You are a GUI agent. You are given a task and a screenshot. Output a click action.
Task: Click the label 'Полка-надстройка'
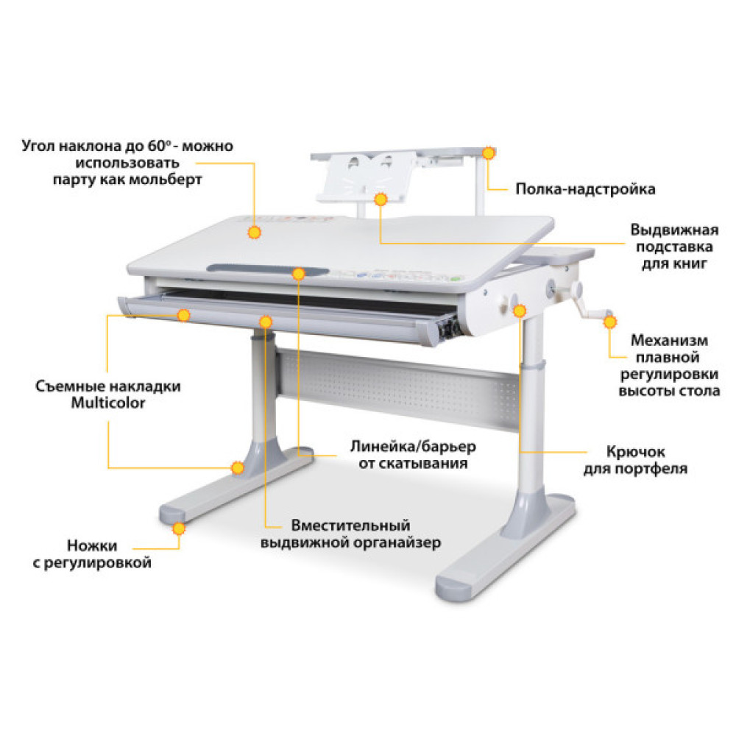(585, 189)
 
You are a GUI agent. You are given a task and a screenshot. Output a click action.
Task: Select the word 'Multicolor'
(107, 403)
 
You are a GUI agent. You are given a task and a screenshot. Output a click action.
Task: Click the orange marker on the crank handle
(610, 322)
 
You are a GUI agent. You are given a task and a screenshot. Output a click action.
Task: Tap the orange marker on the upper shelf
(488, 152)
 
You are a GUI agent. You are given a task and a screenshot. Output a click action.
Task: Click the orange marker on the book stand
(380, 198)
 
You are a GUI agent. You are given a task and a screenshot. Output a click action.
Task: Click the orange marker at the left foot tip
(179, 528)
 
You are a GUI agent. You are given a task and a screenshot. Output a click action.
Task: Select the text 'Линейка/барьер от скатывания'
(412, 455)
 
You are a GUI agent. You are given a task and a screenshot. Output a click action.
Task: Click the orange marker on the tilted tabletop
(254, 232)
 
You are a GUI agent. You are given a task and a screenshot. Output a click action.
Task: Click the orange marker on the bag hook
(519, 311)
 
